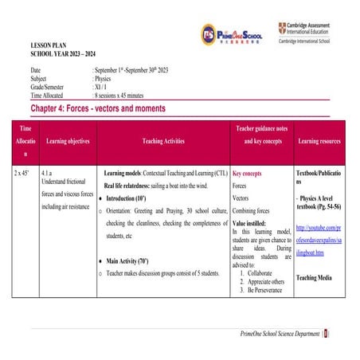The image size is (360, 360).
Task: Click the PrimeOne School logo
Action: [233, 33]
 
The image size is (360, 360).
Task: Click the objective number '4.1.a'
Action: [47, 172]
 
